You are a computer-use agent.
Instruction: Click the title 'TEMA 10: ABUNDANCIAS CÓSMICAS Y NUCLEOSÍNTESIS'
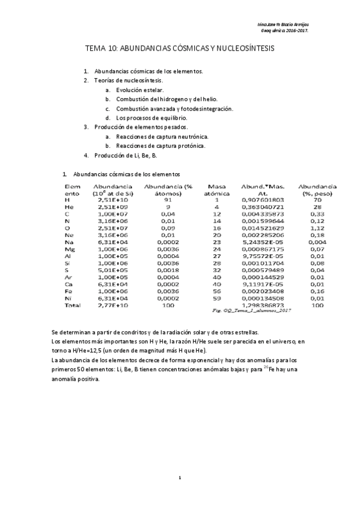(x=180, y=50)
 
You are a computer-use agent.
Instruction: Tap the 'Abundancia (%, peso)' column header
(x=317, y=191)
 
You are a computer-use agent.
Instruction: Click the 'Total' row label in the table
(x=72, y=306)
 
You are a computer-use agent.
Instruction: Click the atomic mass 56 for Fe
(x=217, y=290)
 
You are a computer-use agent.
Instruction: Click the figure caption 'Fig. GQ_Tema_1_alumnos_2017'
(x=252, y=311)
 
